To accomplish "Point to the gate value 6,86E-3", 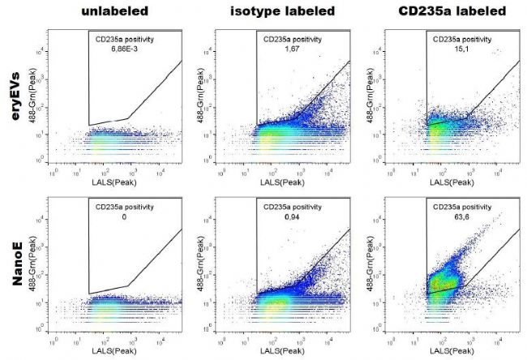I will click(125, 49).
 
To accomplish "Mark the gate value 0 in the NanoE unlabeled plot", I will click(126, 217).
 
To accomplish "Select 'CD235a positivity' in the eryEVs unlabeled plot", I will click(126, 39).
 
